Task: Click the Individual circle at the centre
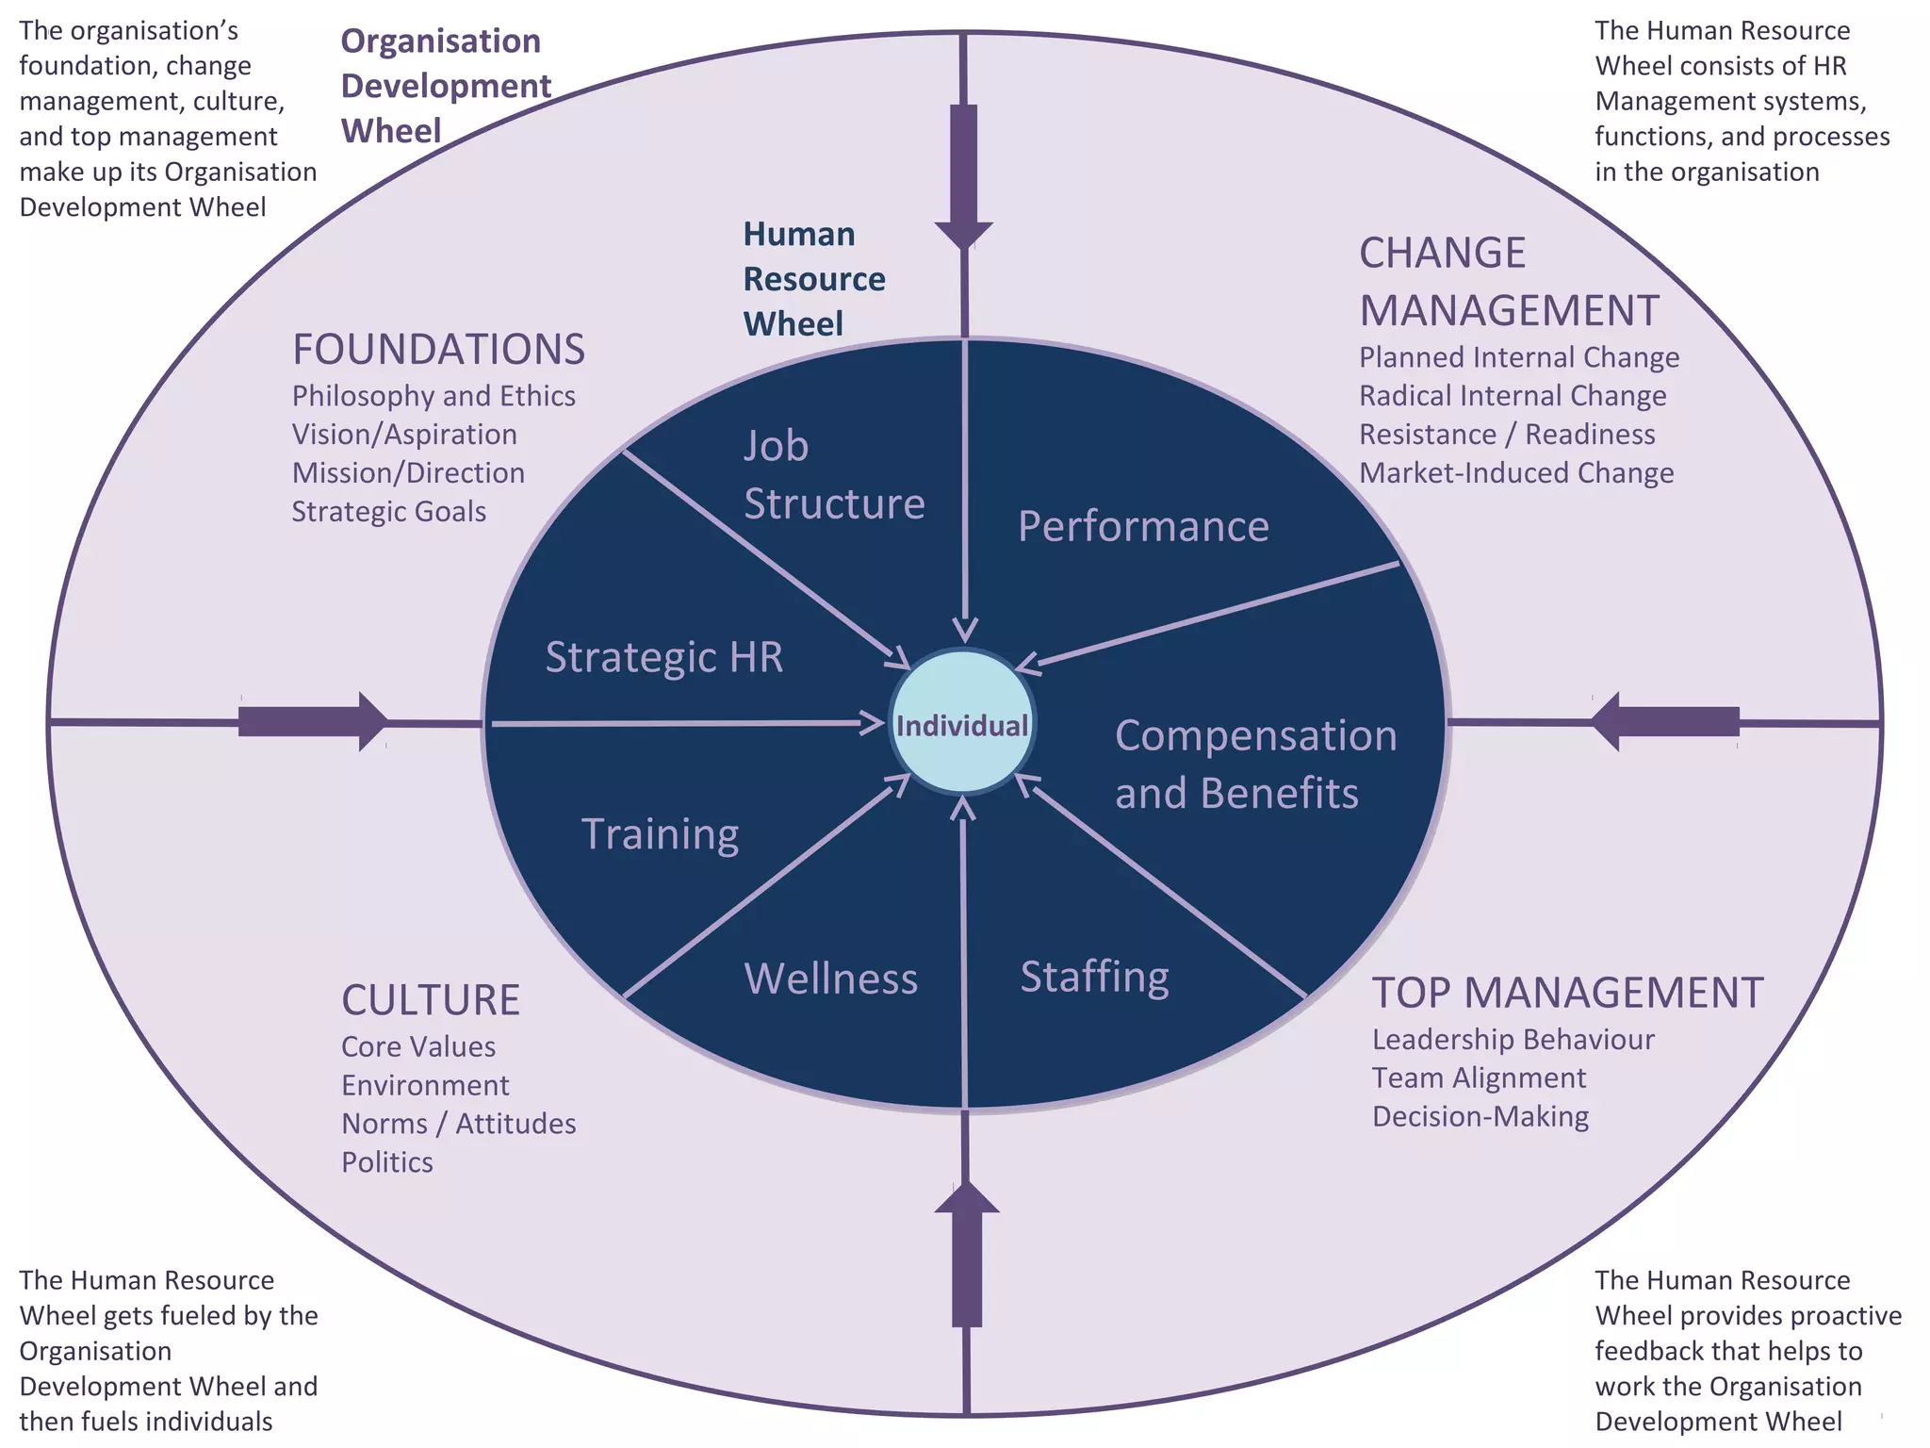click(x=962, y=724)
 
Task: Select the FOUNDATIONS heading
click(x=438, y=350)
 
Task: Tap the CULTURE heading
click(x=431, y=1000)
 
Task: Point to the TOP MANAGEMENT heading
click(x=1567, y=993)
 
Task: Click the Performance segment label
click(x=1143, y=526)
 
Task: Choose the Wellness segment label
click(x=830, y=979)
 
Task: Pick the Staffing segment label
click(x=1094, y=977)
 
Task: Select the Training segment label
click(x=660, y=834)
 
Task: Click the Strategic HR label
click(x=663, y=657)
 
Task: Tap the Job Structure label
click(x=833, y=474)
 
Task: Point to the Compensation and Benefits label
click(x=1254, y=764)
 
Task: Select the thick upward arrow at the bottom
click(x=966, y=1254)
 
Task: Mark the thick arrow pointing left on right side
click(x=1664, y=722)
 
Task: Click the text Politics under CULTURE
click(x=387, y=1162)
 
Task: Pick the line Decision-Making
click(x=1480, y=1116)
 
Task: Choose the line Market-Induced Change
click(x=1515, y=472)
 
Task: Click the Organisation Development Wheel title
click(x=445, y=86)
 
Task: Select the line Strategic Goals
click(x=388, y=511)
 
